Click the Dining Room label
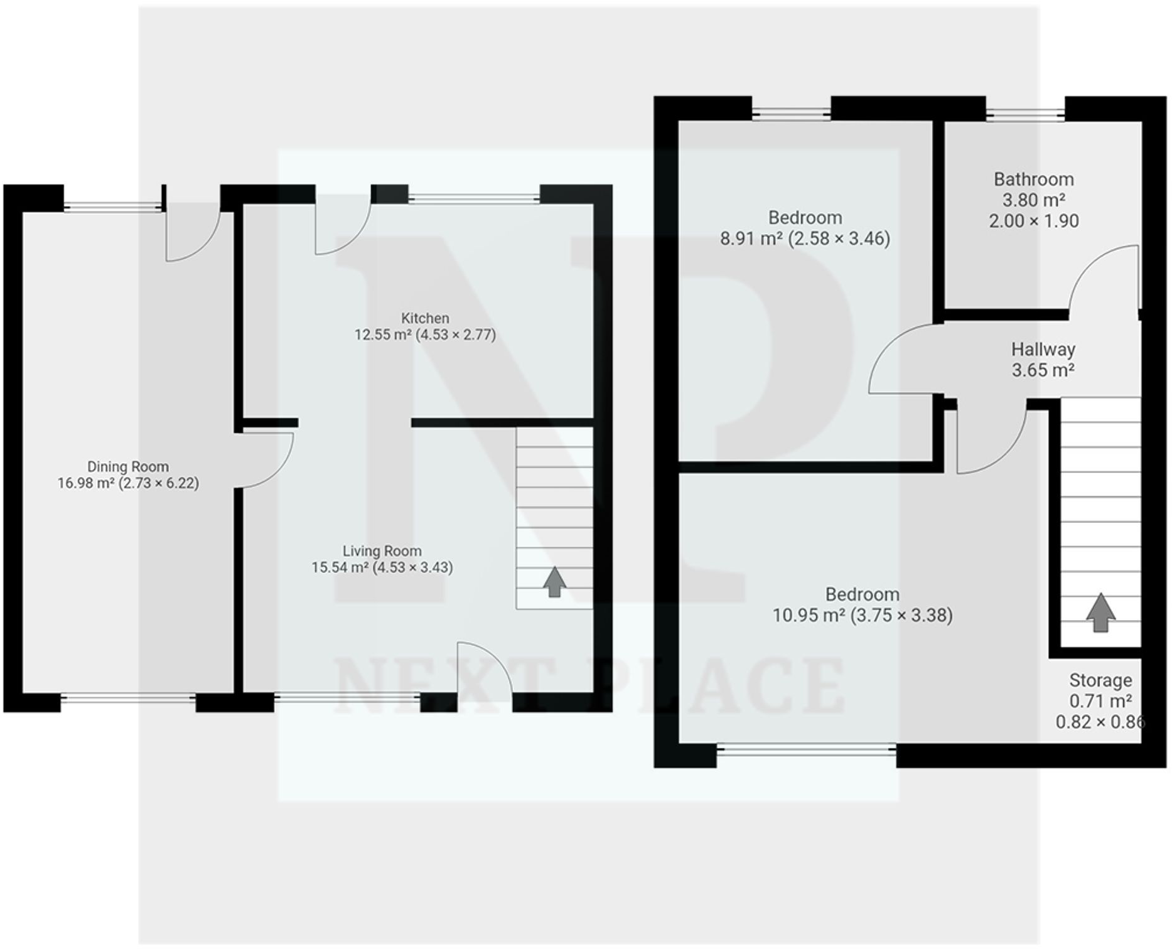pos(127,466)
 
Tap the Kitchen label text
pos(425,318)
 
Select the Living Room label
pos(382,550)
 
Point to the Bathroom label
pos(1033,180)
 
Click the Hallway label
pos(1043,349)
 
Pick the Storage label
pos(1100,680)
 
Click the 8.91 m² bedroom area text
pos(804,239)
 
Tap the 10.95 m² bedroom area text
pos(862,615)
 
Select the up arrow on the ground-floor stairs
pos(554,582)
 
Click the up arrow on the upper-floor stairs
pos(1100,612)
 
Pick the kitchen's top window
pos(474,198)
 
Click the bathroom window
pos(1024,114)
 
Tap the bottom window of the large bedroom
pos(806,749)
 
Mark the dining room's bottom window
pos(128,698)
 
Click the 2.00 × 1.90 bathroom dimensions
pos(1033,221)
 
